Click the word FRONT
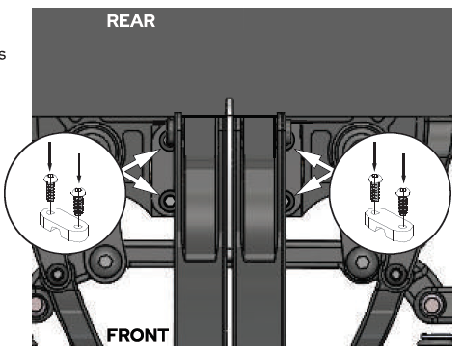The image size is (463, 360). [x=139, y=336]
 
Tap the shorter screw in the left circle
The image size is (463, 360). [x=79, y=201]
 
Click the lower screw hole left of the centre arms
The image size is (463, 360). [x=169, y=201]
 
